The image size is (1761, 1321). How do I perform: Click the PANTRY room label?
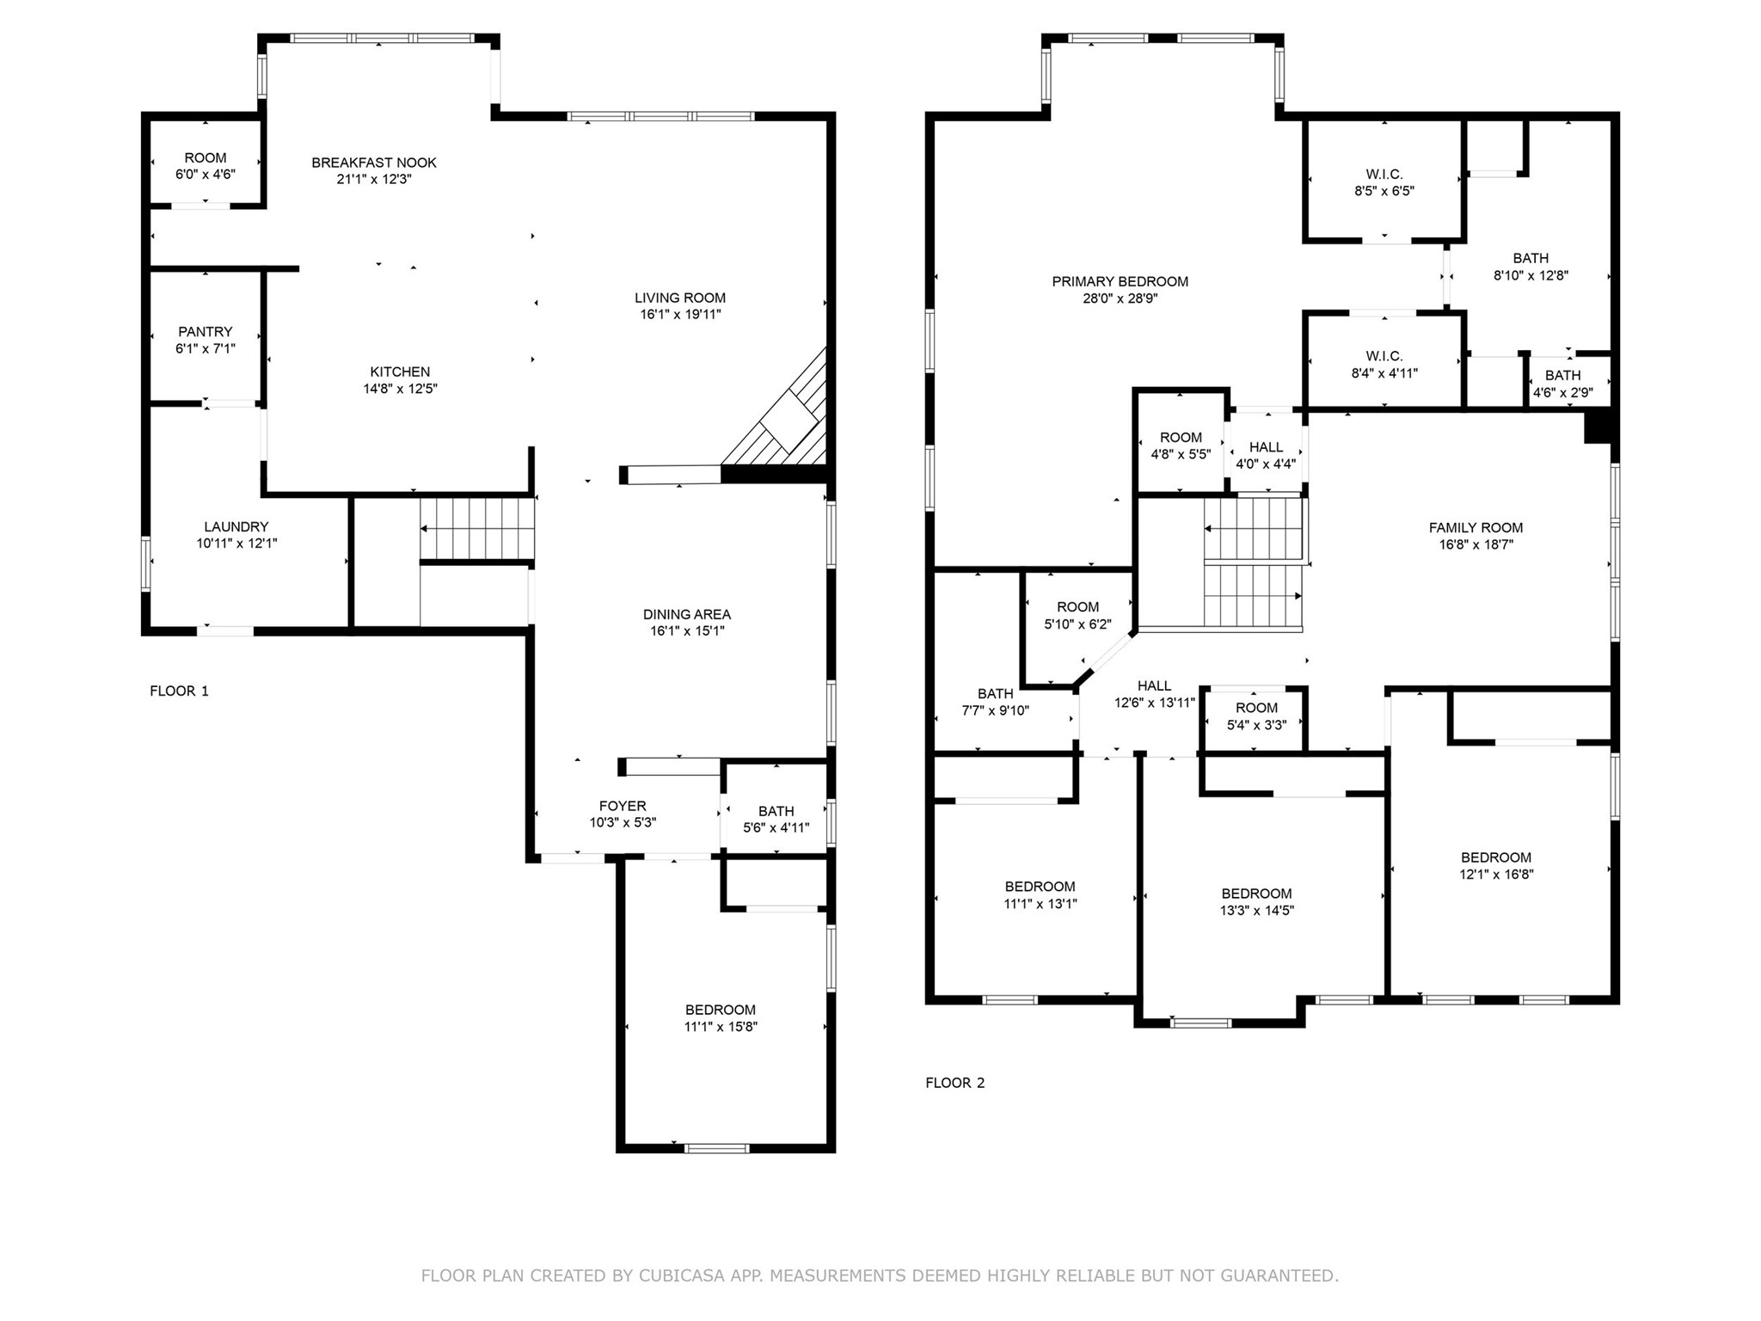[205, 332]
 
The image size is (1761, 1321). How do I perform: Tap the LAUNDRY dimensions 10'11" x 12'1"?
[236, 544]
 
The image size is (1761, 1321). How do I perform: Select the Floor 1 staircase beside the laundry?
[477, 529]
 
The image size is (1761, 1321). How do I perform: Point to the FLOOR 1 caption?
[179, 691]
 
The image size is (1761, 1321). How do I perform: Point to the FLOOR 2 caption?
[954, 1083]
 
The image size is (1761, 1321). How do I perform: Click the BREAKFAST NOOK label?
[374, 163]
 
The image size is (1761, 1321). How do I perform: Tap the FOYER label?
[623, 806]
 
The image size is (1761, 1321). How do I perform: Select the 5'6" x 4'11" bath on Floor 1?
[776, 819]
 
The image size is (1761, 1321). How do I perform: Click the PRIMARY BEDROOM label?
[1120, 281]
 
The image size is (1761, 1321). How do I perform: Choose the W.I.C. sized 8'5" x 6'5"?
[1384, 182]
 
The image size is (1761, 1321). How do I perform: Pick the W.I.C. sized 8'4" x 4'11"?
[1384, 364]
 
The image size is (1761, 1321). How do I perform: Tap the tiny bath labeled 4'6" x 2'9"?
[1562, 384]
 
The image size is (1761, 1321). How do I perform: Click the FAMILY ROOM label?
[1476, 528]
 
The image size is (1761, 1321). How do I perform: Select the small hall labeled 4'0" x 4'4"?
[1266, 455]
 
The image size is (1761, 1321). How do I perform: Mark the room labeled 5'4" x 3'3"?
[1256, 716]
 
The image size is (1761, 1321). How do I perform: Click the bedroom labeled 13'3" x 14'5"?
[1256, 901]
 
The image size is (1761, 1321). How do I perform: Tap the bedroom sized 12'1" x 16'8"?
[1495, 865]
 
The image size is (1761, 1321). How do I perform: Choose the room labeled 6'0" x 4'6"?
[206, 165]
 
